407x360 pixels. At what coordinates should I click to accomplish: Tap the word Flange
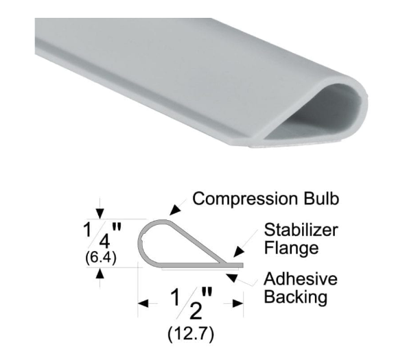[291, 248]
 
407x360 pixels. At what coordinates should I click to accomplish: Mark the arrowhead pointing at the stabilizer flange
[235, 255]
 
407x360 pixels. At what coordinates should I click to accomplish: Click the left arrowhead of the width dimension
[143, 302]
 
